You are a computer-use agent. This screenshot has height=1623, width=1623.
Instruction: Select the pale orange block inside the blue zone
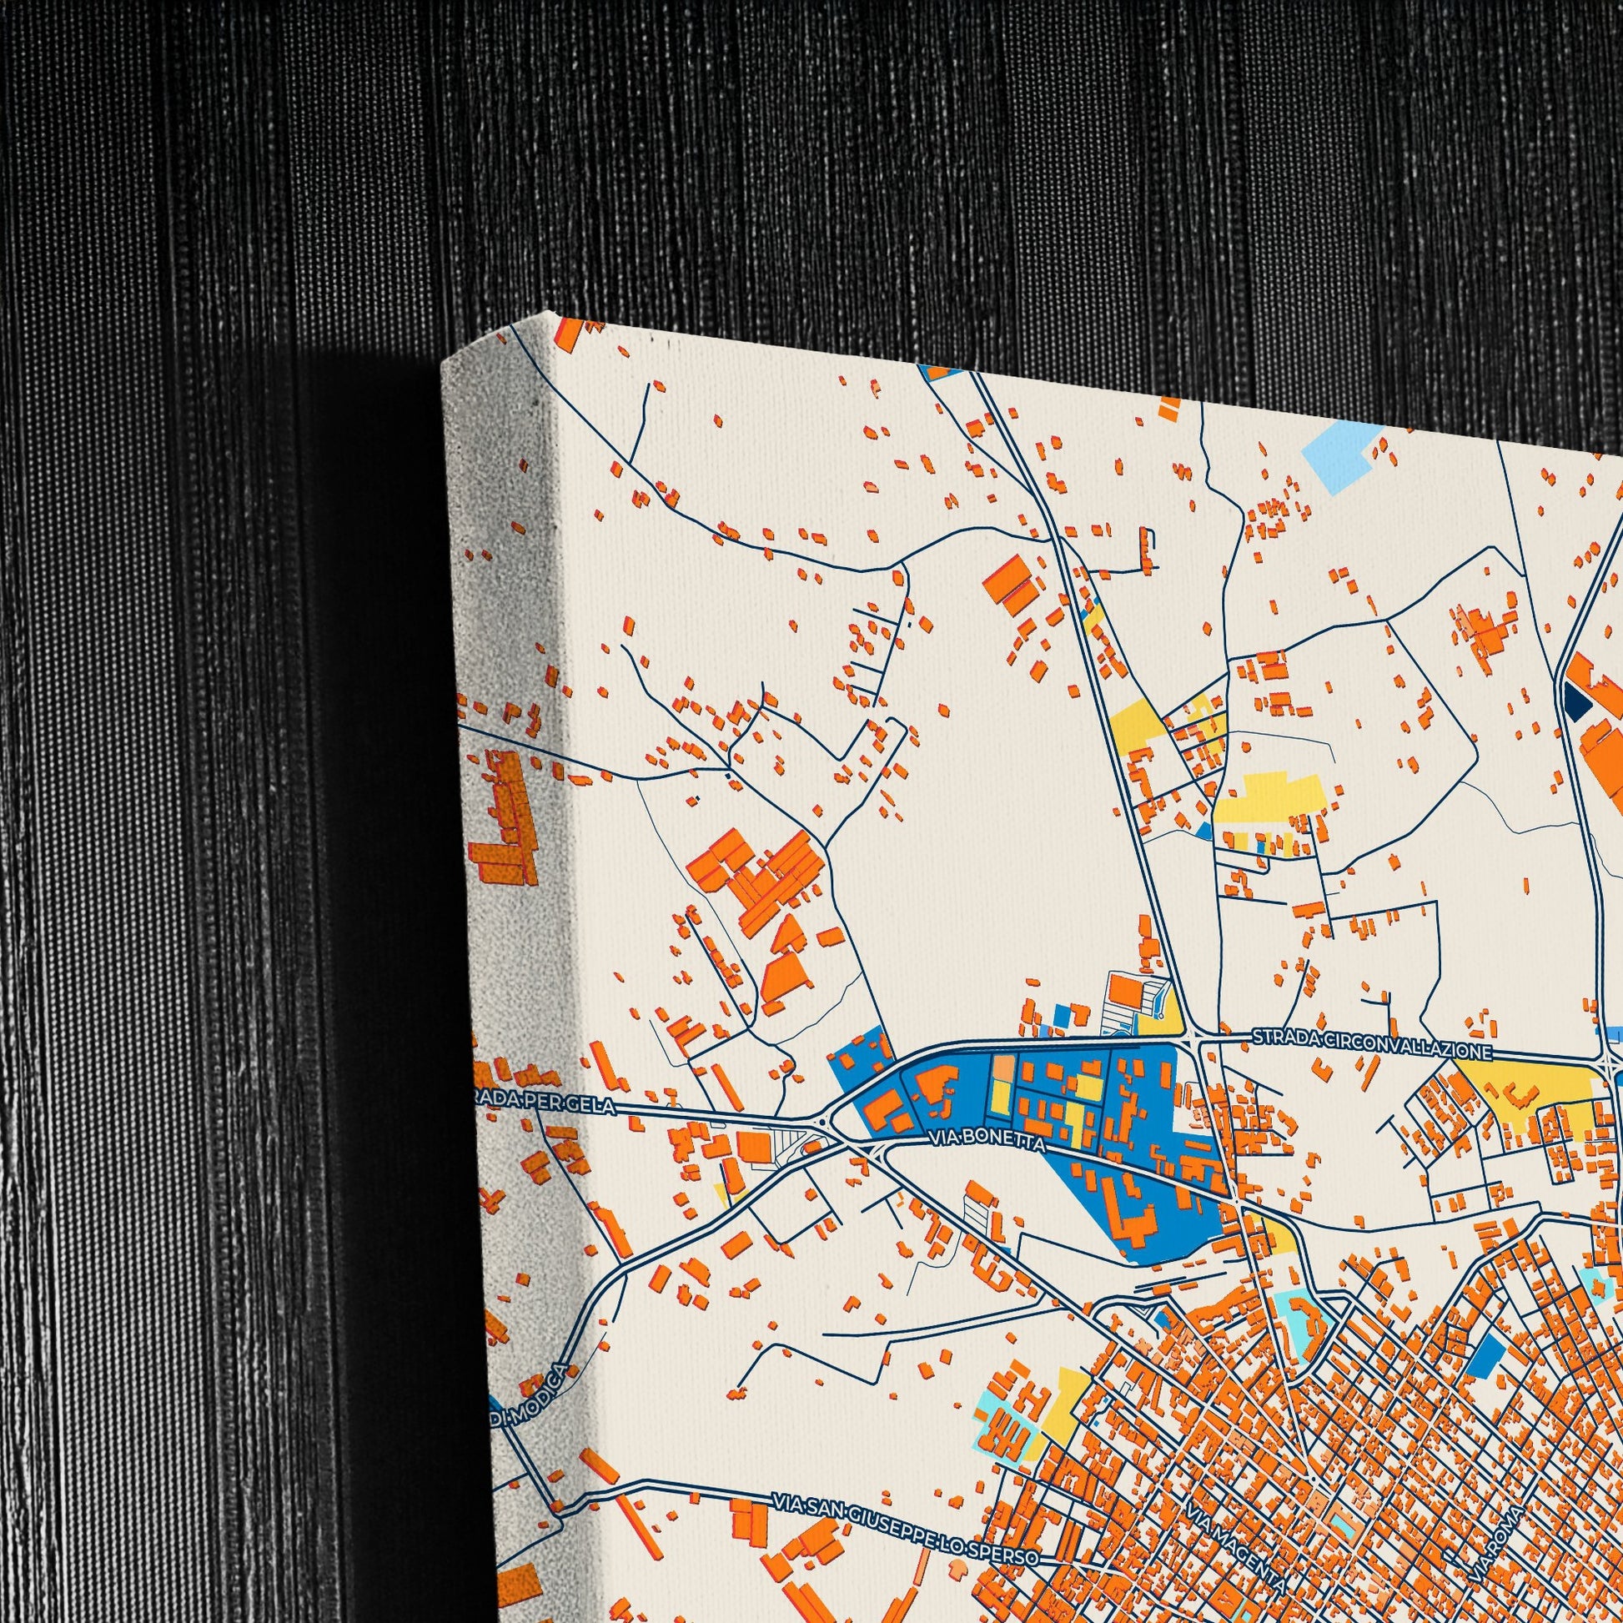[1003, 1070]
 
